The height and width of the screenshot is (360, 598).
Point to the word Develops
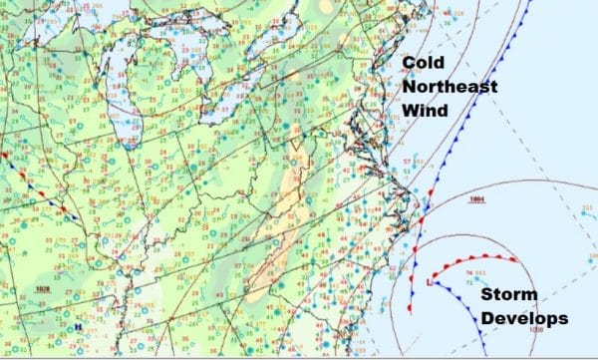[522, 319]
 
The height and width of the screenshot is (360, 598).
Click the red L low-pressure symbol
[428, 282]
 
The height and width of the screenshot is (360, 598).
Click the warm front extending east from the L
[478, 261]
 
